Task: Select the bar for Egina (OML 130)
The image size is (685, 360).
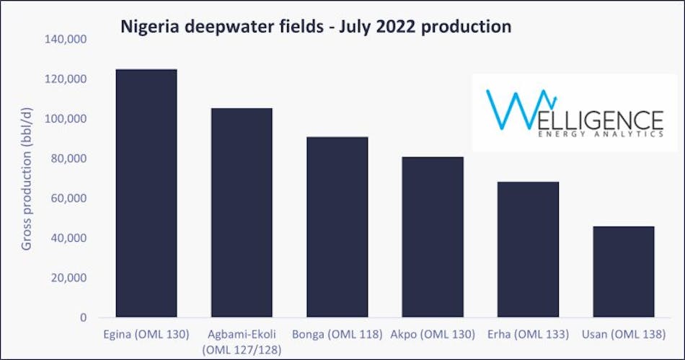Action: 146,193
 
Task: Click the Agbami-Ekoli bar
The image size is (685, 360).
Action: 242,213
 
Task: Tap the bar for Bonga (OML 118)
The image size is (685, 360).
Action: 337,227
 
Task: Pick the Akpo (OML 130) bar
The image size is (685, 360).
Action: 432,237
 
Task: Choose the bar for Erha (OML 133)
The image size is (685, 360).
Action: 528,250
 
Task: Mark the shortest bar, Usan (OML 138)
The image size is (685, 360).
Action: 623,272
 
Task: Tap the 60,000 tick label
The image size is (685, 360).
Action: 70,198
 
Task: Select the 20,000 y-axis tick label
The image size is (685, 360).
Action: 70,278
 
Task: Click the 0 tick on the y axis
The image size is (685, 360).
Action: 82,317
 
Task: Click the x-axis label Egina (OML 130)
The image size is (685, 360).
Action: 146,335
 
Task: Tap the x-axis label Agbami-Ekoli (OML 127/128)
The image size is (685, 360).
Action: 242,342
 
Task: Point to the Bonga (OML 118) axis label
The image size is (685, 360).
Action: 337,335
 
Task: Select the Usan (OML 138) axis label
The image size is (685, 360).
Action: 623,335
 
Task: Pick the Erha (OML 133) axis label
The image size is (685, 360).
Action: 528,335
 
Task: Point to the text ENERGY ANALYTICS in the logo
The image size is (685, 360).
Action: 600,133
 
